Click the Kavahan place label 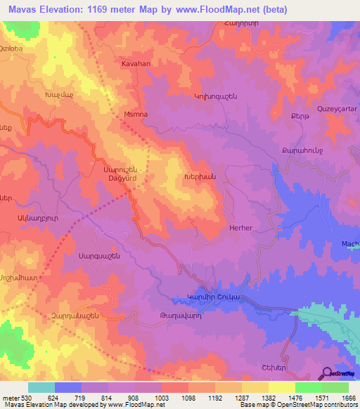[136, 63]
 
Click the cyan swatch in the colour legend [41, 387]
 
